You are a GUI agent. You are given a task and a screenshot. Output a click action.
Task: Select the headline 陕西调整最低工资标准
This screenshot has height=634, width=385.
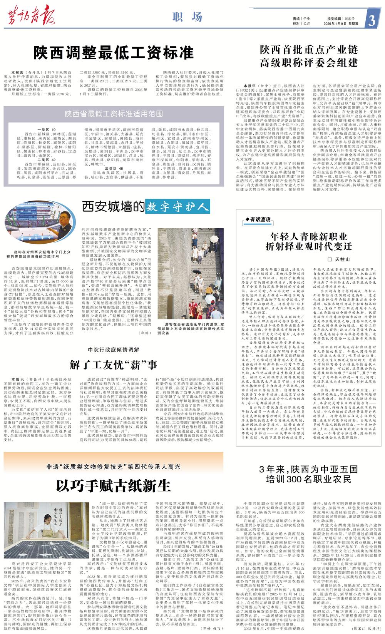point(113,52)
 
